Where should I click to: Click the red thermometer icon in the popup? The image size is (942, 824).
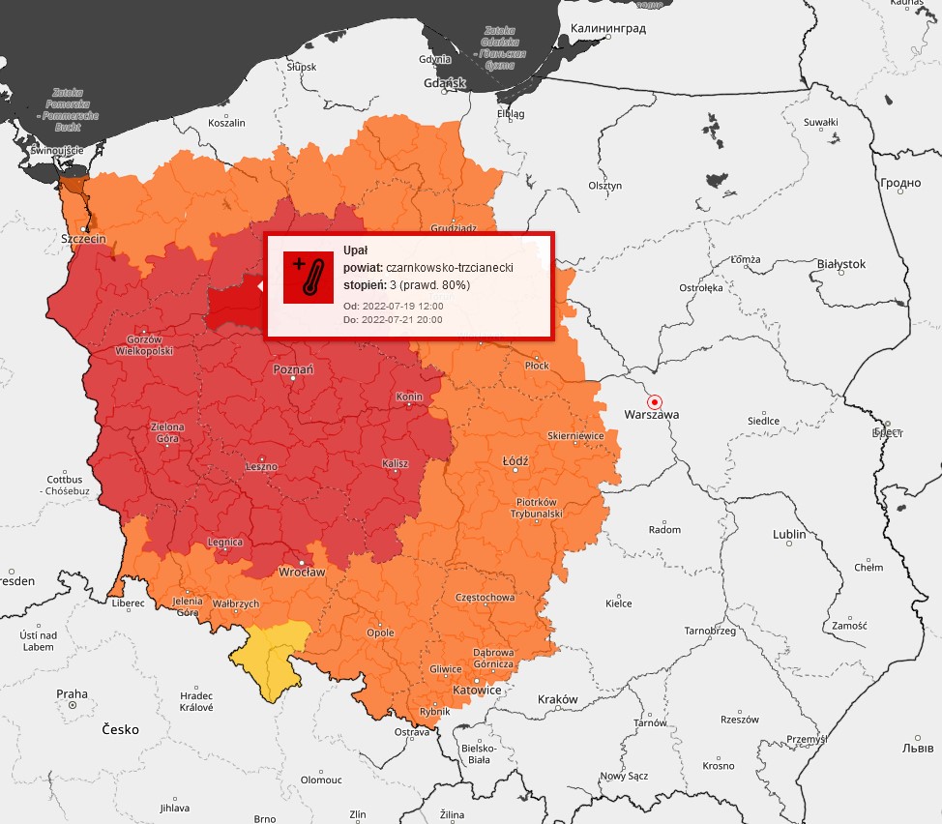(x=308, y=277)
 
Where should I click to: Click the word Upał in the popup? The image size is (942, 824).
(x=356, y=250)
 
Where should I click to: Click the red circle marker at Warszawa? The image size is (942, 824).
(x=655, y=401)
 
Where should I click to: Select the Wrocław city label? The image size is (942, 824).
(x=301, y=572)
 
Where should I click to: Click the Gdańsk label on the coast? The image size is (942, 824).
(x=445, y=83)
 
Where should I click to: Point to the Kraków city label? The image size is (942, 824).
(x=556, y=699)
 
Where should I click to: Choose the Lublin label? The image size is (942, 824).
(x=789, y=535)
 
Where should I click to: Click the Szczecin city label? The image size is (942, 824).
(x=83, y=238)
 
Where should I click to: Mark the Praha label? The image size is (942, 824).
(x=72, y=693)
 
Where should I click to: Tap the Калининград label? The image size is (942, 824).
(x=608, y=28)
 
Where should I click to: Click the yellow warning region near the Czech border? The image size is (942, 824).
(x=274, y=655)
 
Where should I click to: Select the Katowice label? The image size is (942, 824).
(x=477, y=691)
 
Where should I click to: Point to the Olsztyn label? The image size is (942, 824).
(x=604, y=185)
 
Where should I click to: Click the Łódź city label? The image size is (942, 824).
(x=515, y=461)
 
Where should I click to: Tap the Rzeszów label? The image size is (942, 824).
(x=740, y=720)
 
